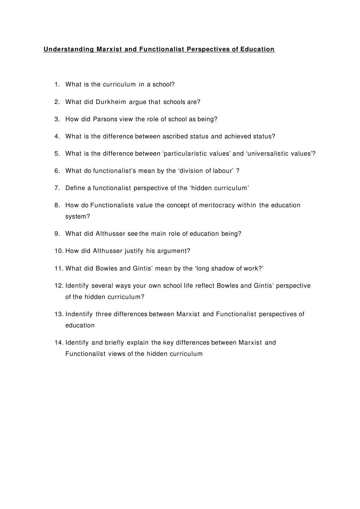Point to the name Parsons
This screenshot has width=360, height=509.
[x=105, y=119]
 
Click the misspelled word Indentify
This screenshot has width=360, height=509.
[x=79, y=314]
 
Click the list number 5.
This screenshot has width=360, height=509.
[x=57, y=154]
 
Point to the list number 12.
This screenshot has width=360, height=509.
[x=58, y=286]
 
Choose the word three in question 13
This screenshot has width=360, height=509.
[x=104, y=314]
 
